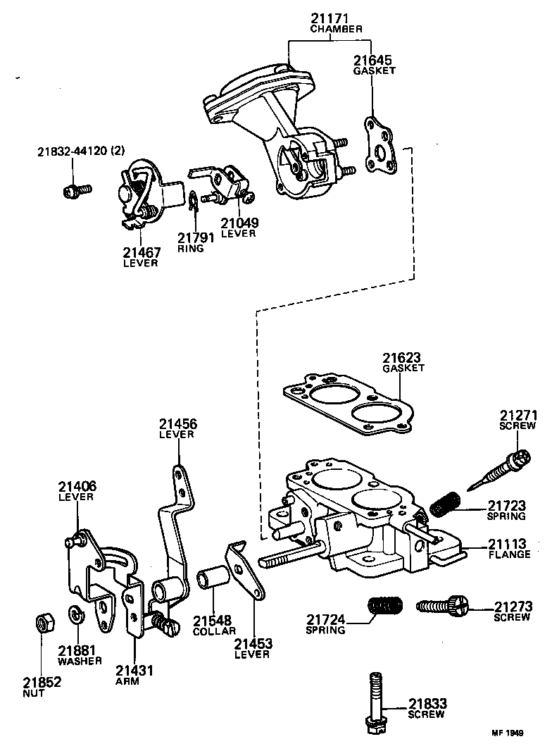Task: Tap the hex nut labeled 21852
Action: click(43, 623)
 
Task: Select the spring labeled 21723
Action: click(445, 504)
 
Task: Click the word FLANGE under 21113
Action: click(509, 554)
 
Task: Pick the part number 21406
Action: click(77, 486)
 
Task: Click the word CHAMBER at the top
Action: click(336, 30)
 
